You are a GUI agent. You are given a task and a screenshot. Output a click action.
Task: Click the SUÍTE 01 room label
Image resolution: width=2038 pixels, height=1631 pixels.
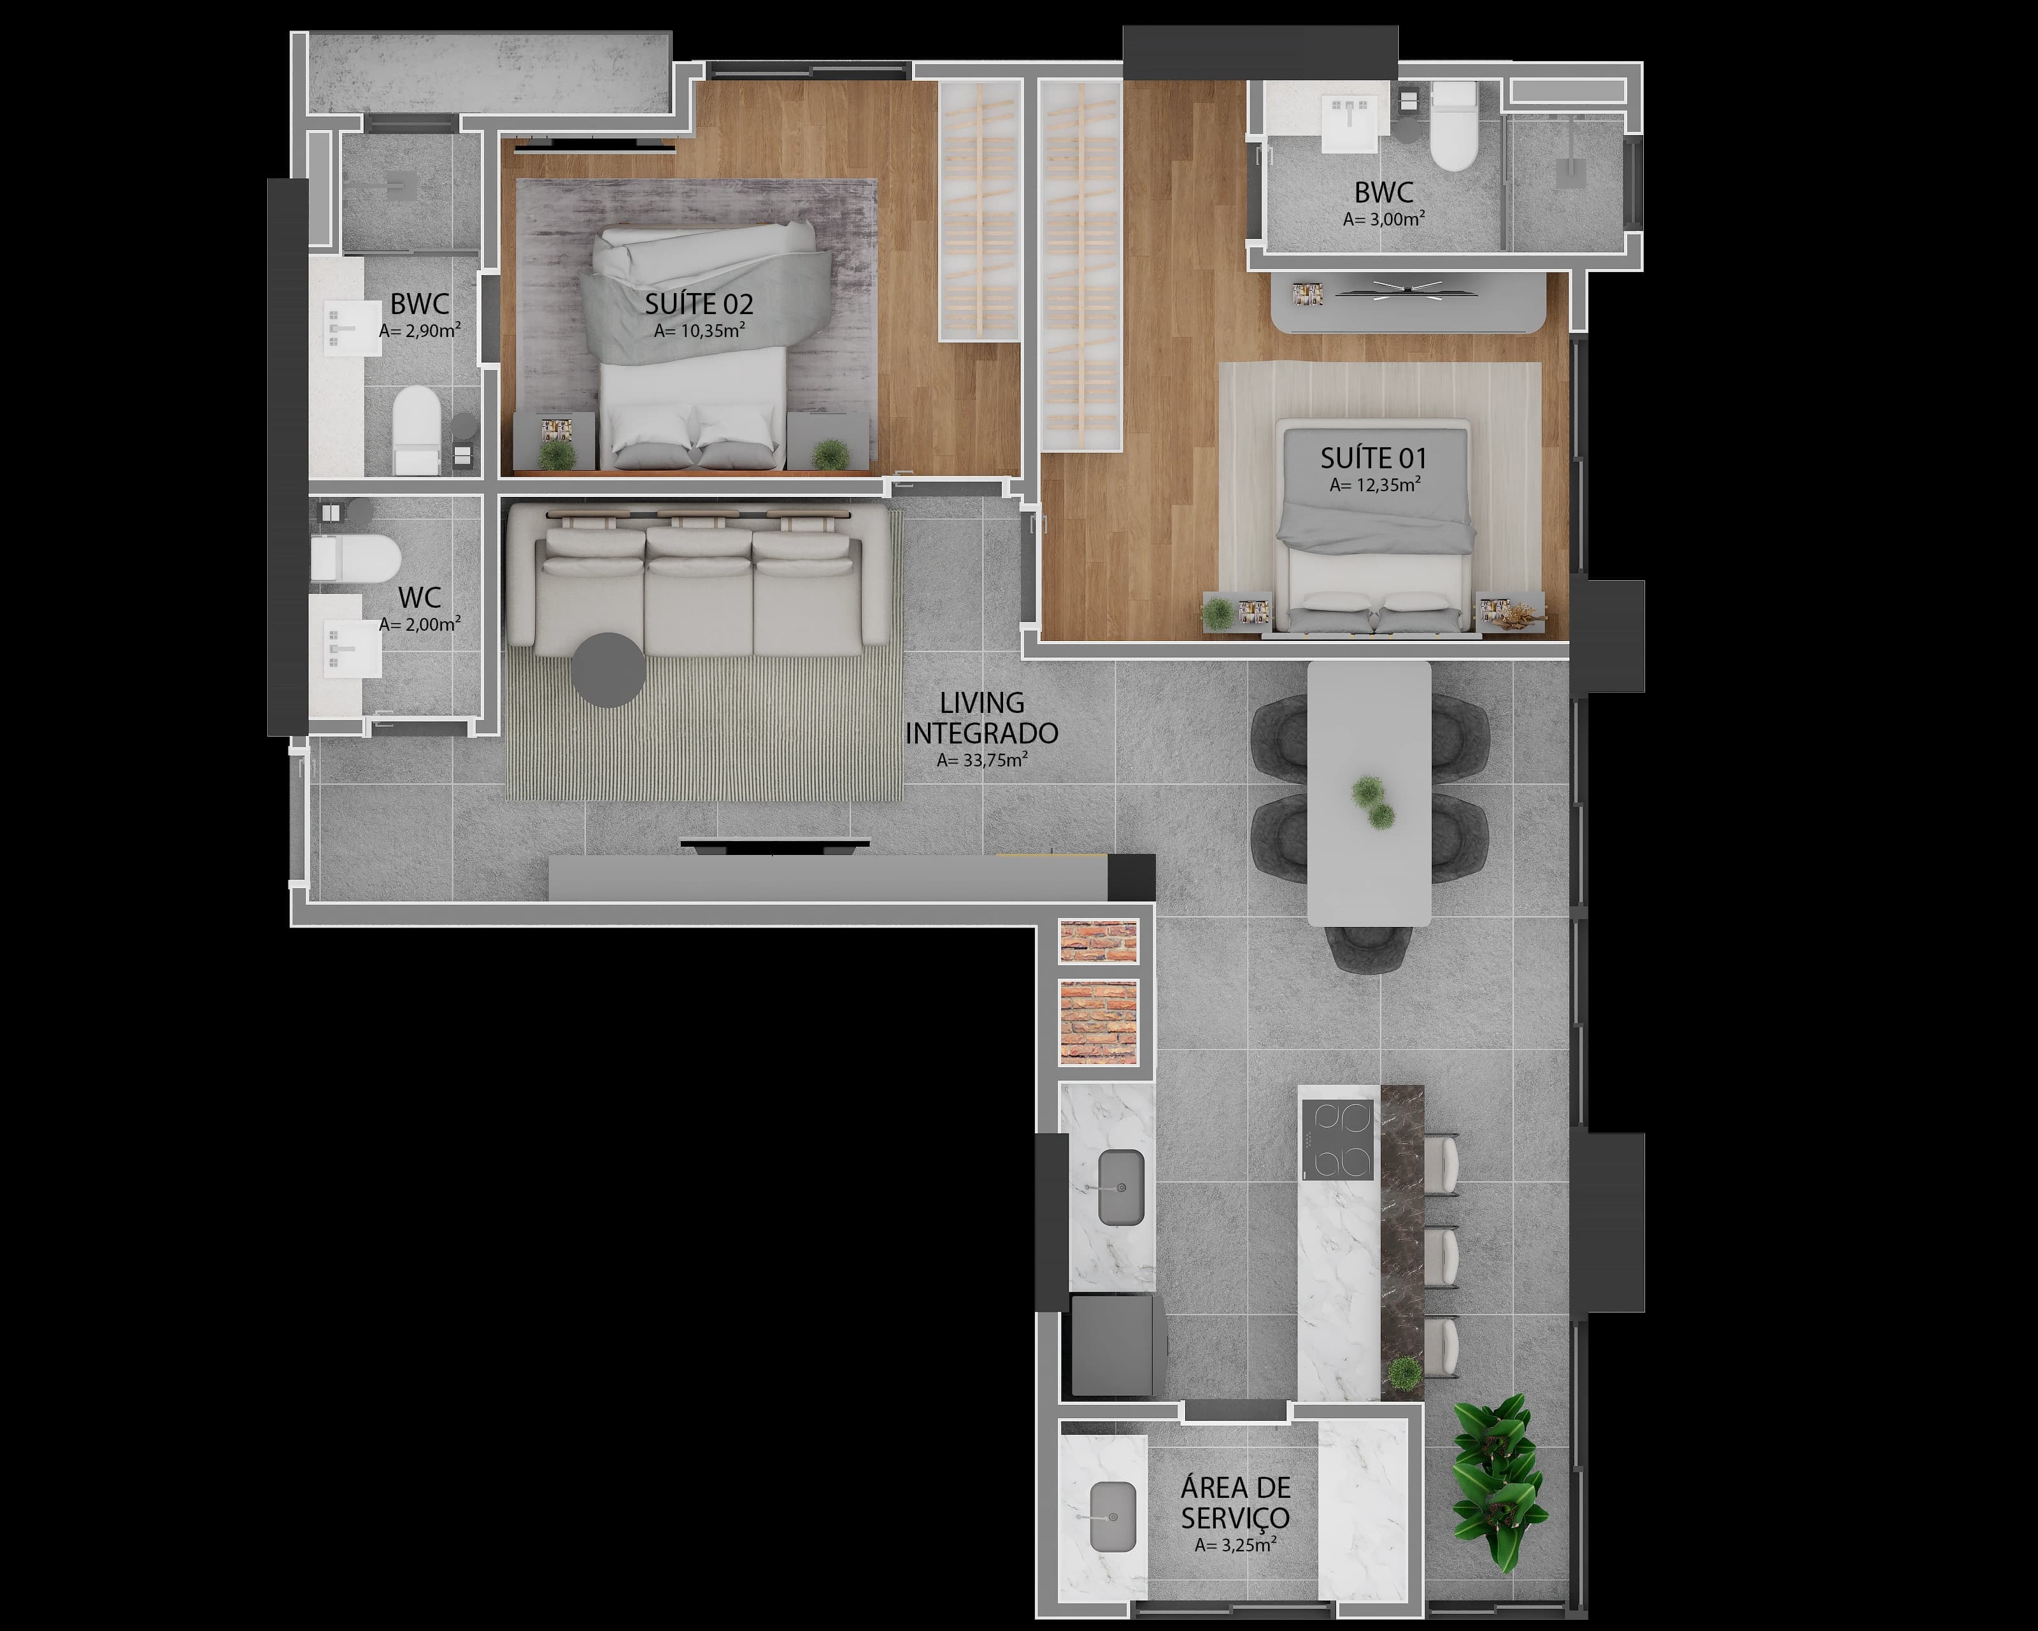coord(1374,459)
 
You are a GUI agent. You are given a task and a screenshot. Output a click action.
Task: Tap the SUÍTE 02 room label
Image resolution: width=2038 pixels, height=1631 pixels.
coord(699,305)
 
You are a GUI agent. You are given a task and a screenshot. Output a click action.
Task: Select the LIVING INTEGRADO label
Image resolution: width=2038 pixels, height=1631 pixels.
coord(982,717)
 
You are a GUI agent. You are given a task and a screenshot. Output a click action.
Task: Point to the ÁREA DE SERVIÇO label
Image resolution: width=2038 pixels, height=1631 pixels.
coord(1236,1502)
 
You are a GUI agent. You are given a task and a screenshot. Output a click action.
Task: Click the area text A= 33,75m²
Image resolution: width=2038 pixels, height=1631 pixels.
coord(982,760)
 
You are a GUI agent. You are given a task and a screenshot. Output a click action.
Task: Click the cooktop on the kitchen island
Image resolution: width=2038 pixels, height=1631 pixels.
coord(1337,1140)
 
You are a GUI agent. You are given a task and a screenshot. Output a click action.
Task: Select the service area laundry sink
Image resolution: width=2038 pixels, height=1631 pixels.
coord(1113,1516)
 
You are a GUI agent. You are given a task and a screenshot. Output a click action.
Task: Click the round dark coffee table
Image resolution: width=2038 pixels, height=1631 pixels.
coord(609,670)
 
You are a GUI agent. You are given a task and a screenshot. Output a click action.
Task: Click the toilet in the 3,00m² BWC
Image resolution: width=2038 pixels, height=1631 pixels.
coord(1453,126)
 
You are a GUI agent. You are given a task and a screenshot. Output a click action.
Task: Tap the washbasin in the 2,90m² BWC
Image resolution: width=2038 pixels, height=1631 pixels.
coord(340,329)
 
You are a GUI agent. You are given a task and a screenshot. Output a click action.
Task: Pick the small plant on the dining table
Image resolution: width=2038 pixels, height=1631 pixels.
coord(1372,801)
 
